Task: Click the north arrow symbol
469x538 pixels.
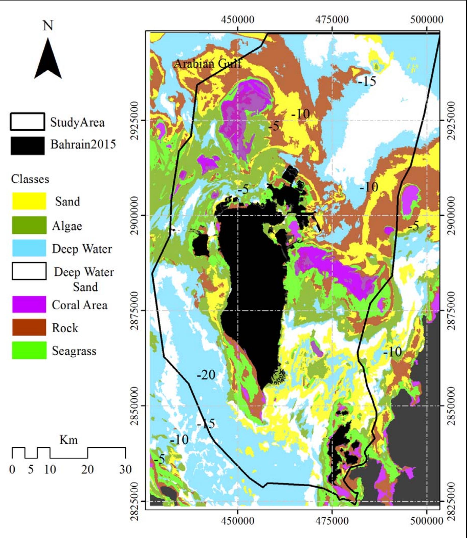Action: coord(48,60)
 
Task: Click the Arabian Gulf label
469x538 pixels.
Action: coord(207,64)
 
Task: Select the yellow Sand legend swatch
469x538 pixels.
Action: coord(29,201)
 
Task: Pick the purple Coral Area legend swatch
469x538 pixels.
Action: coord(29,304)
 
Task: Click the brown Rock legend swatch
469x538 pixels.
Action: coord(29,327)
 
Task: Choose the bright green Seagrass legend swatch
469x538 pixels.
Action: coord(29,350)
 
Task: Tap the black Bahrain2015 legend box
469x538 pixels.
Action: coord(28,146)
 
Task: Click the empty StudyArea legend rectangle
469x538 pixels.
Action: coord(28,122)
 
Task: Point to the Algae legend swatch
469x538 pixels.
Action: coord(29,225)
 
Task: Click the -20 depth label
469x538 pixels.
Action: coord(206,375)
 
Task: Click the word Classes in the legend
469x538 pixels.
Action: coord(30,179)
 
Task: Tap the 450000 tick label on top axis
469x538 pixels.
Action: coord(237,20)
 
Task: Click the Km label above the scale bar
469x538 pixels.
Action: coord(69,440)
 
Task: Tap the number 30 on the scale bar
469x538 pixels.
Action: coord(125,469)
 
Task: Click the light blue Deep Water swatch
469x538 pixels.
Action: coord(29,248)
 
